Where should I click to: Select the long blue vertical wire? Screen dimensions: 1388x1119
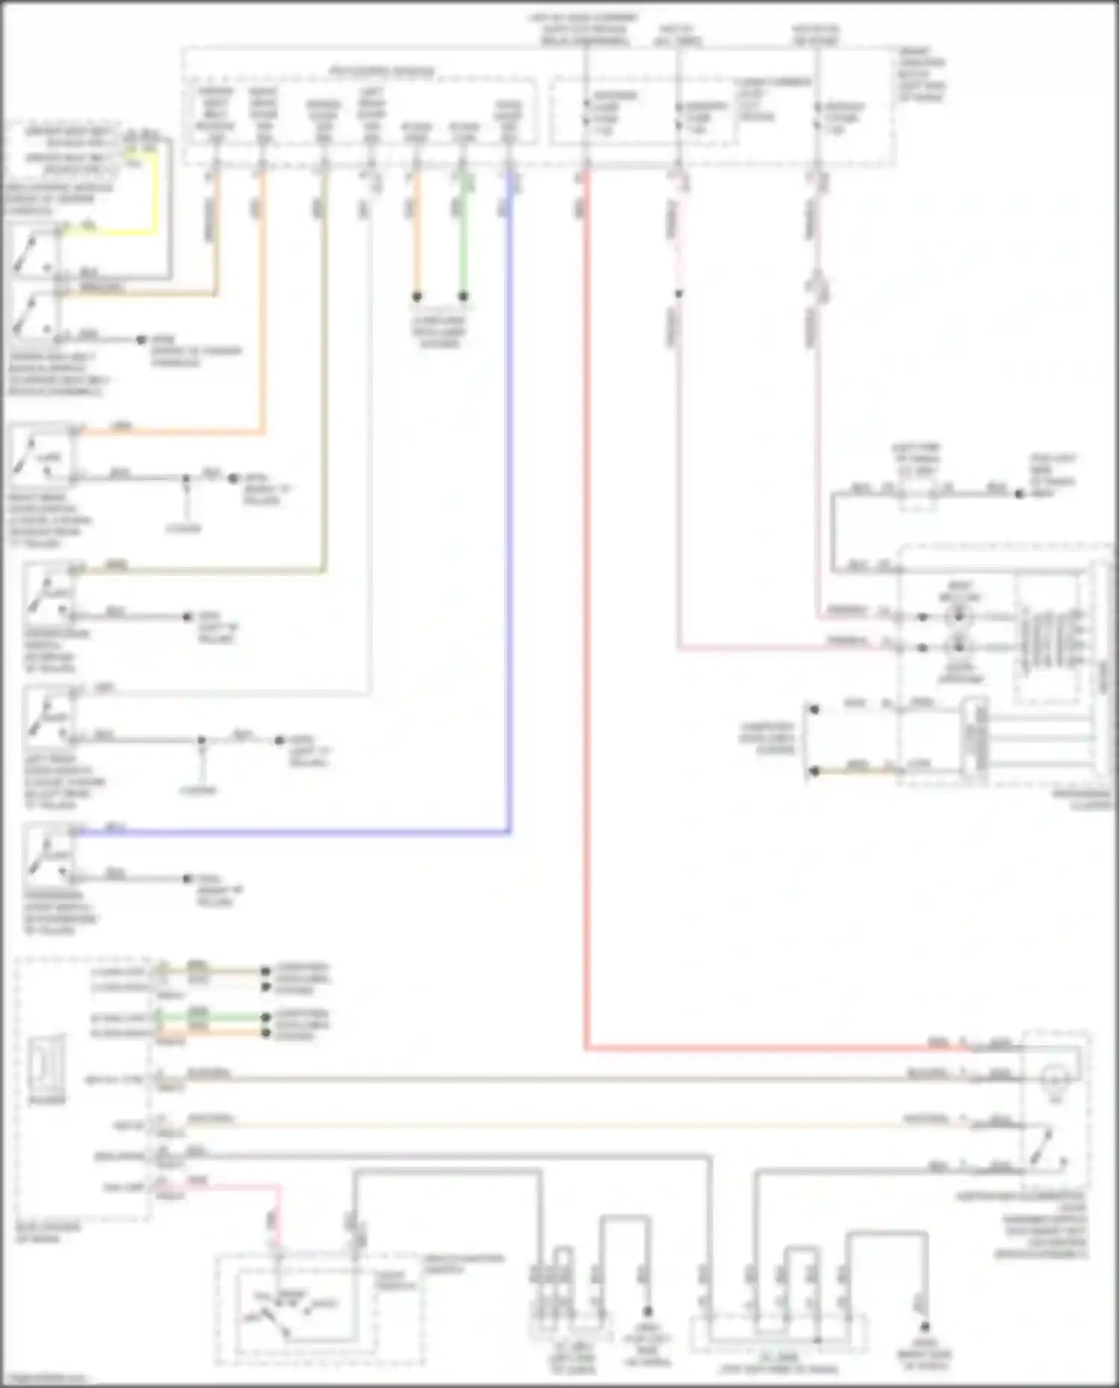coord(510,522)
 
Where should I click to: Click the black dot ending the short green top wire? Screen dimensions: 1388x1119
coord(463,296)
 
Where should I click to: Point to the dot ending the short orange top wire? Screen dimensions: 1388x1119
coord(417,296)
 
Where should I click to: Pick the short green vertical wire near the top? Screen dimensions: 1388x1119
coord(463,239)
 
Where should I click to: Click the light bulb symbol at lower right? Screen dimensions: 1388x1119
coord(1055,1078)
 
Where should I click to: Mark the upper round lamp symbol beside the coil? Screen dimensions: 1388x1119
coord(958,617)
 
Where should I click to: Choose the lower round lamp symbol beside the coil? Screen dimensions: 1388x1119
coord(958,647)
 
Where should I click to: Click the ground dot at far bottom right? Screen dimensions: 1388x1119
coord(925,1326)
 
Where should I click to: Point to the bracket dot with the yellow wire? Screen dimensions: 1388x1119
coord(815,770)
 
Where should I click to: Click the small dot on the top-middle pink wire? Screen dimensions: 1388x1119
coord(678,294)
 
